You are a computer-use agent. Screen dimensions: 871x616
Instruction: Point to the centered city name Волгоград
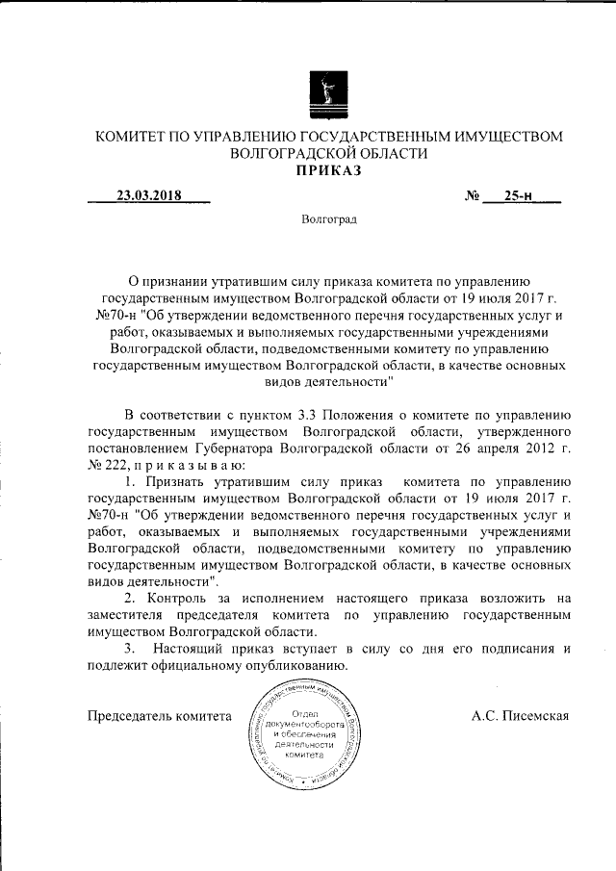328,220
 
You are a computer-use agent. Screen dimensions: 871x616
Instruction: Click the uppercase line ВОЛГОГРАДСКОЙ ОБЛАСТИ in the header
327,154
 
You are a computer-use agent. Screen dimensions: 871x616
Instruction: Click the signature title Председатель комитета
160,716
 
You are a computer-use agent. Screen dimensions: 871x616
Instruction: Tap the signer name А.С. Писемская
523,716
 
